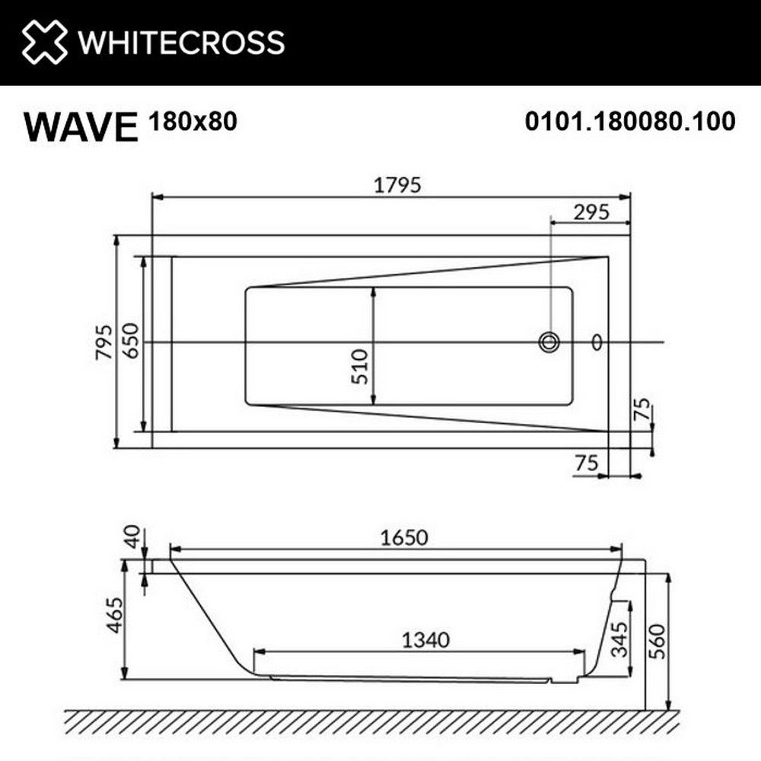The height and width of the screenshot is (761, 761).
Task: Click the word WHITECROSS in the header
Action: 181,43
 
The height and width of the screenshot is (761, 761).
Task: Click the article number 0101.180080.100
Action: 630,121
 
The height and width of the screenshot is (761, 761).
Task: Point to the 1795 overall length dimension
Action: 393,185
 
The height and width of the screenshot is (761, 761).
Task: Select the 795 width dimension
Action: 105,342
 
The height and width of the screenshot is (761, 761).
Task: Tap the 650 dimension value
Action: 131,342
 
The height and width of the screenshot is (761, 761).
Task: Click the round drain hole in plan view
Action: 549,342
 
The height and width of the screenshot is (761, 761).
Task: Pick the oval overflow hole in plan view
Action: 597,342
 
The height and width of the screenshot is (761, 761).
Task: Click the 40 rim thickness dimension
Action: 134,536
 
